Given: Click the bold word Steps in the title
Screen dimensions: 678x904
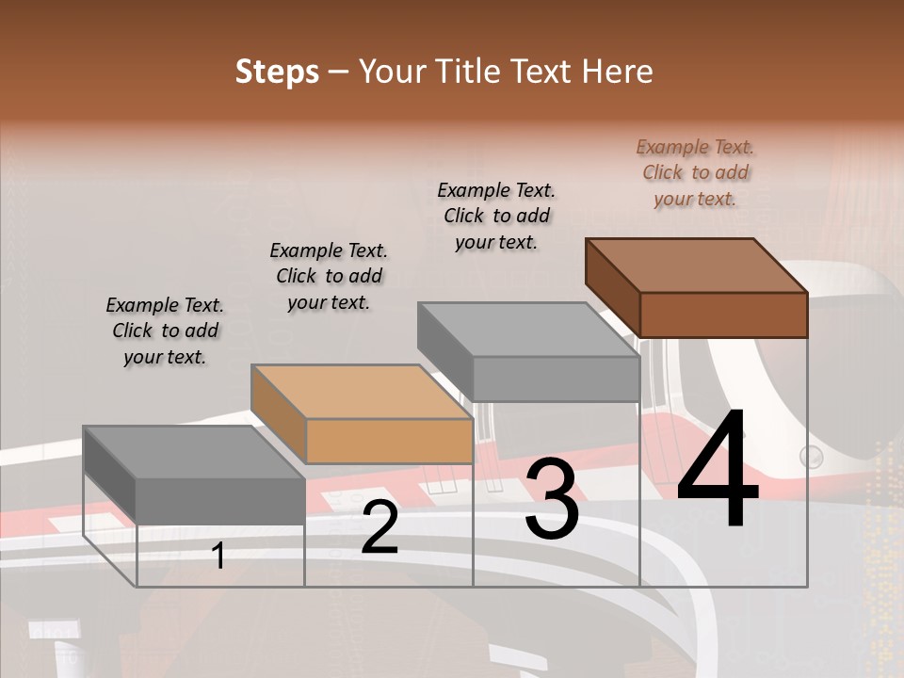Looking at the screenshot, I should pyautogui.click(x=276, y=72).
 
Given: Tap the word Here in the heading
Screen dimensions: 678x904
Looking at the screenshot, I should pyautogui.click(x=618, y=72).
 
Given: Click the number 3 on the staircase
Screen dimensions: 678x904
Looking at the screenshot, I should pyautogui.click(x=551, y=499).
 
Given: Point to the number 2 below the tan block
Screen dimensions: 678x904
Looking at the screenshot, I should pyautogui.click(x=379, y=528).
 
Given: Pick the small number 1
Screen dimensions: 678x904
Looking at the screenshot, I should pyautogui.click(x=218, y=557).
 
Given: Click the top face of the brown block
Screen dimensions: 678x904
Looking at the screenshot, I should pyautogui.click(x=697, y=265).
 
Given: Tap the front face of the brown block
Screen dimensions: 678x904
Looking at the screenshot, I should pyautogui.click(x=723, y=315).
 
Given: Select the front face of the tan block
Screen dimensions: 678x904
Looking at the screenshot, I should pyautogui.click(x=389, y=441).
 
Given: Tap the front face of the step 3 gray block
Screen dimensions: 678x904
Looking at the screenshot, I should pyautogui.click(x=556, y=379).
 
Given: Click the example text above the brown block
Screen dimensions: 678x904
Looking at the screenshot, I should pyautogui.click(x=695, y=173).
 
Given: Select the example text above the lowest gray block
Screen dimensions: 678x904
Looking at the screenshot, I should pyautogui.click(x=165, y=331).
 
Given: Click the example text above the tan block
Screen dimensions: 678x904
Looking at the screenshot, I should pyautogui.click(x=329, y=276).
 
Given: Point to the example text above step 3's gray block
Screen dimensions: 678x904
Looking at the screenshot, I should pyautogui.click(x=496, y=216).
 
